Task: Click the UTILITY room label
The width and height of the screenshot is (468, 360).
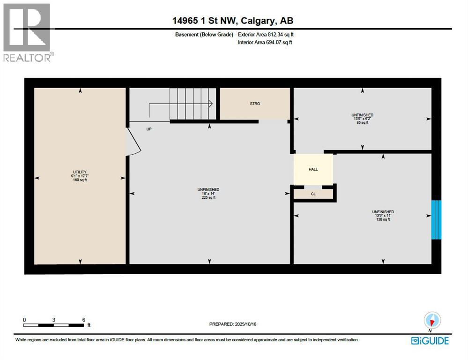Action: coord(80,172)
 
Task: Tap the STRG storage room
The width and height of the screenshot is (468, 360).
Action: coord(255,104)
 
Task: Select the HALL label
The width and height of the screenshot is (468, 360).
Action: coord(313,169)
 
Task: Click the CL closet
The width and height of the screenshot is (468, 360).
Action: coord(313,193)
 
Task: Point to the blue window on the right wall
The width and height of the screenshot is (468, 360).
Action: coord(436,220)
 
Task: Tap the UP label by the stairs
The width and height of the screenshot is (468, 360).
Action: coord(149,129)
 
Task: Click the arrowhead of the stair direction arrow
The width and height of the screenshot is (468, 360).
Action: coord(211,104)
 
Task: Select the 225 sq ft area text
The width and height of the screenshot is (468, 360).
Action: coord(208,198)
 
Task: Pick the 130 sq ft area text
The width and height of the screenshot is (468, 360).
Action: coord(383,219)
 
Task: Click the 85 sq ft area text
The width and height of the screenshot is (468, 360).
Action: coord(362,123)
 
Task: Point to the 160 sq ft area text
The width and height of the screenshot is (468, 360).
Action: coord(80,180)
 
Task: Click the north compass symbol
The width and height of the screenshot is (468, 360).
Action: coord(432,321)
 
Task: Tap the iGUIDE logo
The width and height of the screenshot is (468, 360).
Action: coord(430,341)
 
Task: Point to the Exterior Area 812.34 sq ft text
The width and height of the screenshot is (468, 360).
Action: coord(266,34)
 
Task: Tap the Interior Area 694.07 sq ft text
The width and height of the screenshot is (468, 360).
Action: coord(265,43)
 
